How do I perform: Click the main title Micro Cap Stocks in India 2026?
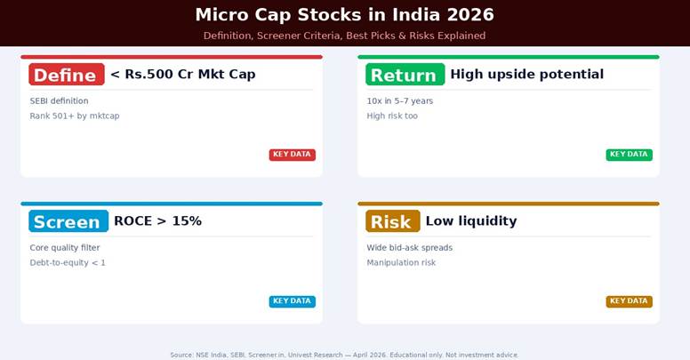(x=344, y=15)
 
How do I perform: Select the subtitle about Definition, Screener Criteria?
(x=344, y=36)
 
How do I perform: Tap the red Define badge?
(x=67, y=75)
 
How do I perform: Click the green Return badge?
(x=404, y=75)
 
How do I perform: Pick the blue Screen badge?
(x=68, y=221)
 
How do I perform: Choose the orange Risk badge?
(x=392, y=221)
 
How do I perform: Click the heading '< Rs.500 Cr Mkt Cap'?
(x=183, y=75)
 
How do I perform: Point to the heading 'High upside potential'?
(x=526, y=75)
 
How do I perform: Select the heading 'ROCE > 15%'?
(x=157, y=221)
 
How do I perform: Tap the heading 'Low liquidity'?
(x=470, y=221)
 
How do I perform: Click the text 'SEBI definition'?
(x=59, y=101)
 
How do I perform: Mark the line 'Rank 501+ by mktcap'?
(x=74, y=116)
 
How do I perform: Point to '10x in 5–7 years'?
(x=399, y=101)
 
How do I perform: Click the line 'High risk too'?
(x=391, y=116)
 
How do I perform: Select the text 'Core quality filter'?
(x=65, y=248)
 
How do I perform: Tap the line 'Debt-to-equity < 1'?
(x=68, y=263)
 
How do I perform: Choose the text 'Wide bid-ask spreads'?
(x=409, y=248)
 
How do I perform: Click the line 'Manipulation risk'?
(x=401, y=263)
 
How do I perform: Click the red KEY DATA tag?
(x=292, y=155)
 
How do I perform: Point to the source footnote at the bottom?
(x=344, y=355)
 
